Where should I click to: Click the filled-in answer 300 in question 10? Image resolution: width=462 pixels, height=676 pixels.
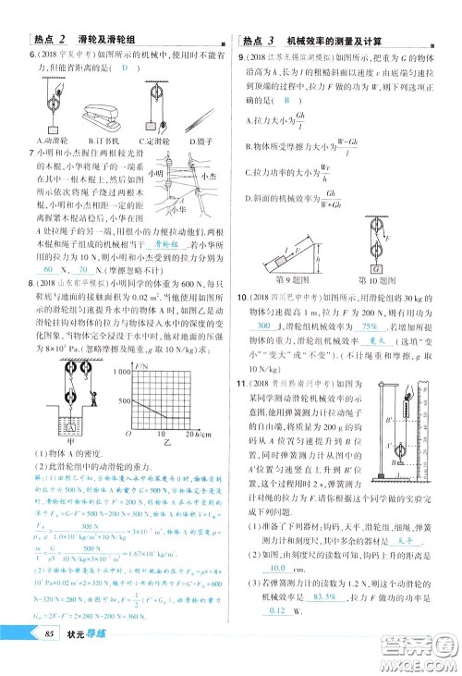click(265, 326)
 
